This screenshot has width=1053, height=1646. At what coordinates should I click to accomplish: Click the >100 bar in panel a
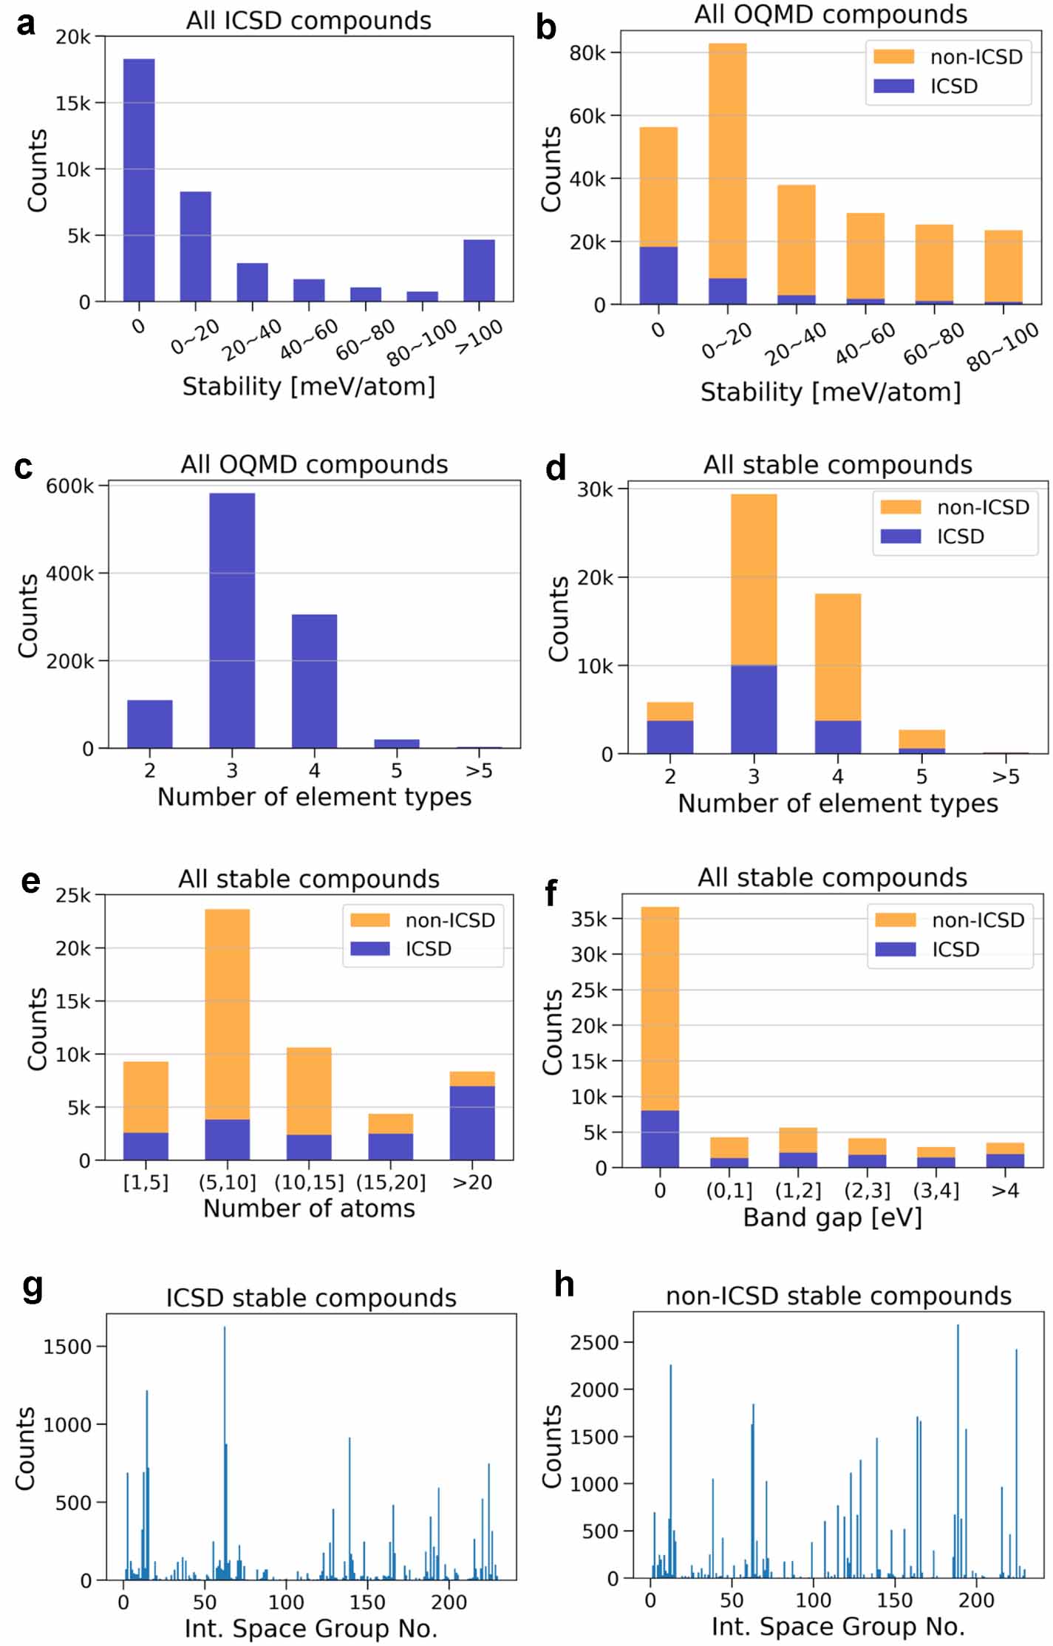point(479,271)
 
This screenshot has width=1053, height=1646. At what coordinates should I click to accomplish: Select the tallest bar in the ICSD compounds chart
point(139,180)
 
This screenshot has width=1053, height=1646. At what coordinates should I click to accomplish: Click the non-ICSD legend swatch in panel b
point(893,57)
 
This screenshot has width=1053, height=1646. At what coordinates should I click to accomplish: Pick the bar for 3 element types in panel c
point(232,621)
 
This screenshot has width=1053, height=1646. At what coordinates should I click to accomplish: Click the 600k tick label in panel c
point(70,486)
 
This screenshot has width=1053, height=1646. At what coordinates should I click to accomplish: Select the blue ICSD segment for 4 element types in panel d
point(838,737)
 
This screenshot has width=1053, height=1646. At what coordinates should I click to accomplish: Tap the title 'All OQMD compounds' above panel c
point(314,464)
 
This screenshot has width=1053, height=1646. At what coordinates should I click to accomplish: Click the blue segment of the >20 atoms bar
point(472,1123)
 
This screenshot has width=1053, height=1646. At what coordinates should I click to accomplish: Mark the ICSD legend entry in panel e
point(427,948)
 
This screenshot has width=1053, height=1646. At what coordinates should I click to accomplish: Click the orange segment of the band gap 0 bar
point(660,1009)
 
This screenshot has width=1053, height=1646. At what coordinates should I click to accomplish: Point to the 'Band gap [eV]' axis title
point(832,1217)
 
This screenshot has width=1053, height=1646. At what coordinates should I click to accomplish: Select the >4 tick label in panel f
point(1005,1190)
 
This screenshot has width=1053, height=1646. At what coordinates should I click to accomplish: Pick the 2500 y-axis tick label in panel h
point(594,1342)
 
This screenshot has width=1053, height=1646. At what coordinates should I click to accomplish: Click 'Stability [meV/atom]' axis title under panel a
point(309,387)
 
